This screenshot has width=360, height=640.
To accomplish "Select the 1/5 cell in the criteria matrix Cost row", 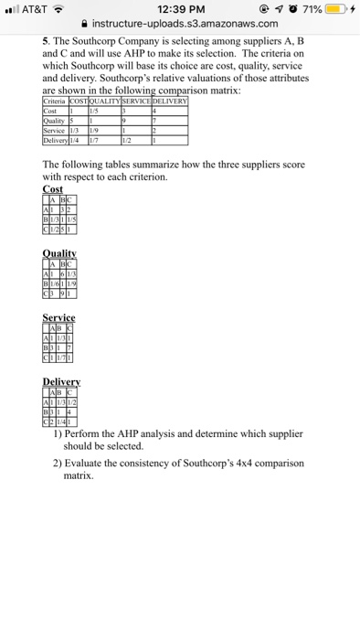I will pyautogui.click(x=93, y=109).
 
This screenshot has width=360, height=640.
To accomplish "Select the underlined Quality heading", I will pyautogui.click(x=59, y=257).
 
